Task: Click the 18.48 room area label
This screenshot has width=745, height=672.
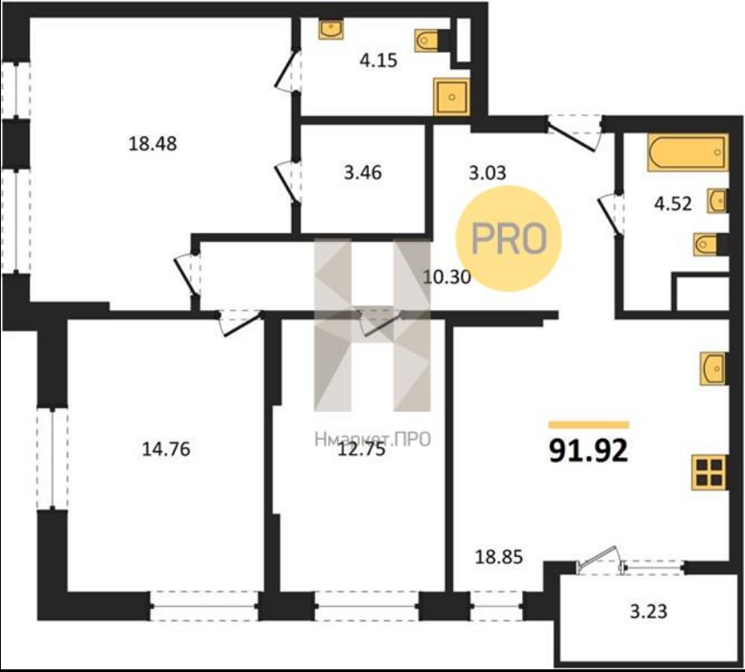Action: tap(153, 143)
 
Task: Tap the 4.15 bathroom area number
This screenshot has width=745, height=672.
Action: tap(378, 60)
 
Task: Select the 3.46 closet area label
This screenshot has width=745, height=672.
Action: tap(363, 173)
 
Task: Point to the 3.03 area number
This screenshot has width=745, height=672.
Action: tap(488, 173)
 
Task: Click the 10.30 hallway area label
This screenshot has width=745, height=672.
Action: tap(446, 276)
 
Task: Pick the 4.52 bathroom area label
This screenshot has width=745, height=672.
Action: tap(673, 204)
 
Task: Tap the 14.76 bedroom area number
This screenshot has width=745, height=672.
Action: tap(166, 448)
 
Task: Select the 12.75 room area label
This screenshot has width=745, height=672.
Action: tap(361, 449)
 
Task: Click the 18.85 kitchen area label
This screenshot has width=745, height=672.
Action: tap(499, 557)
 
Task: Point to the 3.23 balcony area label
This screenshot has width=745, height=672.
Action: tap(649, 612)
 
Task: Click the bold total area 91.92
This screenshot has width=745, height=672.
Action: tap(589, 450)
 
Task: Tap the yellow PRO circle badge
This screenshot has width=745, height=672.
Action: tap(509, 238)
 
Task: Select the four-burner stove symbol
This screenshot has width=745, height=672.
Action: tap(709, 472)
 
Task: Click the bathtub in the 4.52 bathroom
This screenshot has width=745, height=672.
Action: tap(687, 153)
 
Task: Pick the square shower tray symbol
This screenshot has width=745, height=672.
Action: tap(451, 97)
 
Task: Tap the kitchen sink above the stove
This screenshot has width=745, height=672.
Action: tap(713, 369)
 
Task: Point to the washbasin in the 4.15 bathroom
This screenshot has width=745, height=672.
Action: tap(331, 30)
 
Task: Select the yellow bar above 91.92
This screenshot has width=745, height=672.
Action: tap(589, 425)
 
